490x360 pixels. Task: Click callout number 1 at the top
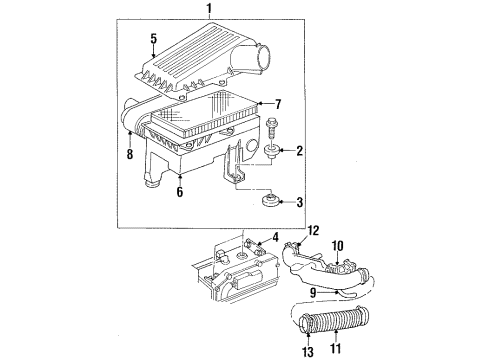[209, 10]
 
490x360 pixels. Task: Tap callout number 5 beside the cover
[154, 39]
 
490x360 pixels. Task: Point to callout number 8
[130, 155]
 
